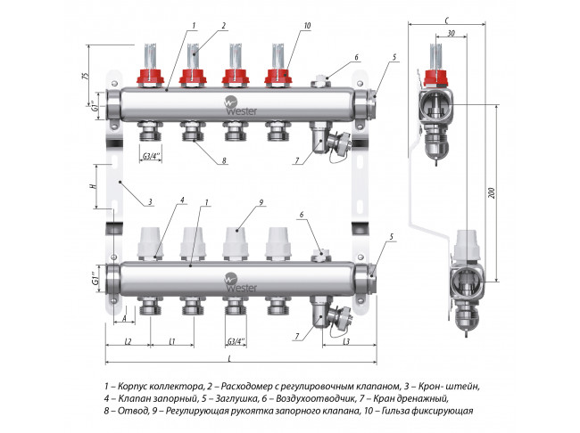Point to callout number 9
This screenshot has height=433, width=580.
tap(261, 203)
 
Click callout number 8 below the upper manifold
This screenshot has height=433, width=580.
tap(224, 161)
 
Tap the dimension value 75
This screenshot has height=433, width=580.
tap(86, 74)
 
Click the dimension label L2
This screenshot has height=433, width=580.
tap(128, 341)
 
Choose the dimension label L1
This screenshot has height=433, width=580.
tap(170, 341)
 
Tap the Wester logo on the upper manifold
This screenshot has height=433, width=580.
tap(234, 103)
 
